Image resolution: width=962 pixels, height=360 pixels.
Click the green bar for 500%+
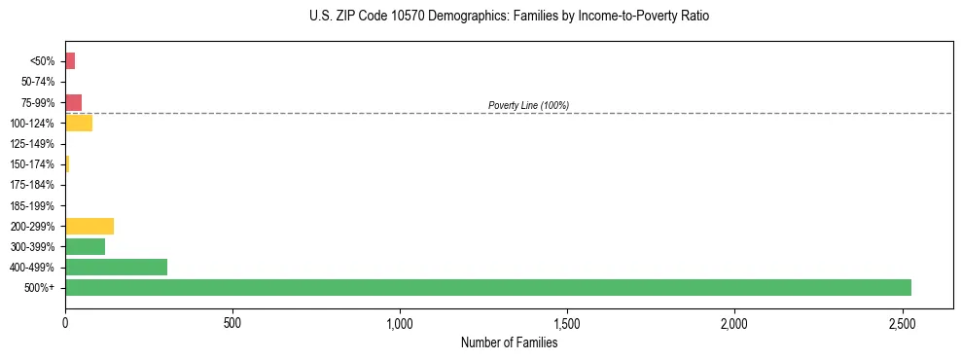pyautogui.click(x=487, y=287)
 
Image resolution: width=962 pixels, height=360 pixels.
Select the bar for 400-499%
pyautogui.click(x=116, y=267)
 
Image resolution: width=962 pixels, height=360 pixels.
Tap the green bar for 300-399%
pyautogui.click(x=85, y=246)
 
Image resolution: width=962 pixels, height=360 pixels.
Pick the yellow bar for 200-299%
pyautogui.click(x=89, y=226)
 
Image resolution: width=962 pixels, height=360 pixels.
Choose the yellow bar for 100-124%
pyautogui.click(x=79, y=123)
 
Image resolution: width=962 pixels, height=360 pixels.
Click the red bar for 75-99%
pyautogui.click(x=73, y=102)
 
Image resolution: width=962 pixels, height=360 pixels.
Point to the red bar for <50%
pyautogui.click(x=70, y=61)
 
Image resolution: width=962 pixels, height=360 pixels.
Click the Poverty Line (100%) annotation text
pyautogui.click(x=528, y=105)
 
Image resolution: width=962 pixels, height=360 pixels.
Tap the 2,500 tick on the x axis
pyautogui.click(x=902, y=322)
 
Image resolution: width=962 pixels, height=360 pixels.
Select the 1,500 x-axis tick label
pyautogui.click(x=567, y=322)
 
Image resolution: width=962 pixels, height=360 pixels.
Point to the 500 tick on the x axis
pyautogui.click(x=232, y=322)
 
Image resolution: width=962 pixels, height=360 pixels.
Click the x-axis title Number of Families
pyautogui.click(x=509, y=342)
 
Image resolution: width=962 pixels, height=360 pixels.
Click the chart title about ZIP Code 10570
pyautogui.click(x=510, y=17)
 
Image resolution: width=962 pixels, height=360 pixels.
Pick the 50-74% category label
pyautogui.click(x=39, y=82)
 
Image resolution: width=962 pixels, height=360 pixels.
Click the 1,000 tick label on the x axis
pyautogui.click(x=400, y=322)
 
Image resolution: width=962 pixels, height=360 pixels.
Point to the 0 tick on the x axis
pyautogui.click(x=65, y=322)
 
